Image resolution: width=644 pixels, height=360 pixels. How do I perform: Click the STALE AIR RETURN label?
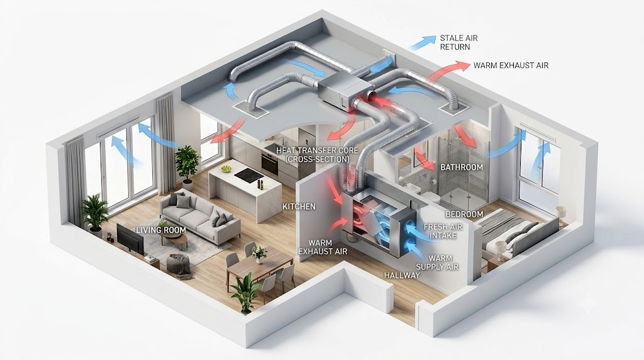click(x=458, y=42)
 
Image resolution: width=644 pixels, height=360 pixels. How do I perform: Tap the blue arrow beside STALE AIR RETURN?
click(x=423, y=43)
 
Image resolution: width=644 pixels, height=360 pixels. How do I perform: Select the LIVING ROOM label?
click(x=161, y=230)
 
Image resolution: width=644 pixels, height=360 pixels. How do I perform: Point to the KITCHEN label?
click(x=299, y=206)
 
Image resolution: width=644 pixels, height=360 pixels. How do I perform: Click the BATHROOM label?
click(x=462, y=167)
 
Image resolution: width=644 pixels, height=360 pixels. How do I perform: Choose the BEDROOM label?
click(x=465, y=215)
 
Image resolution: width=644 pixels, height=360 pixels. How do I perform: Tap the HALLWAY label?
click(x=402, y=275)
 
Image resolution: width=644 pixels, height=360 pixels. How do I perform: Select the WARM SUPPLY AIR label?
click(x=437, y=262)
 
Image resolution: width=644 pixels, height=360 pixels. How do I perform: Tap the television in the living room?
click(x=130, y=239)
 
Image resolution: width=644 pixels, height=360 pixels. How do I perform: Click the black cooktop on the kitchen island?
click(x=249, y=175)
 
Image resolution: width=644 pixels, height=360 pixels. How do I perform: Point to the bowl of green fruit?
click(x=226, y=169)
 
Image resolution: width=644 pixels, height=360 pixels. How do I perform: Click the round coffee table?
click(x=174, y=240)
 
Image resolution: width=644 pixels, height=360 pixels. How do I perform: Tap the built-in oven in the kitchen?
click(x=269, y=164)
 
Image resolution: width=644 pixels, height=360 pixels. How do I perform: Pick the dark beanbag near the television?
click(x=179, y=264)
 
